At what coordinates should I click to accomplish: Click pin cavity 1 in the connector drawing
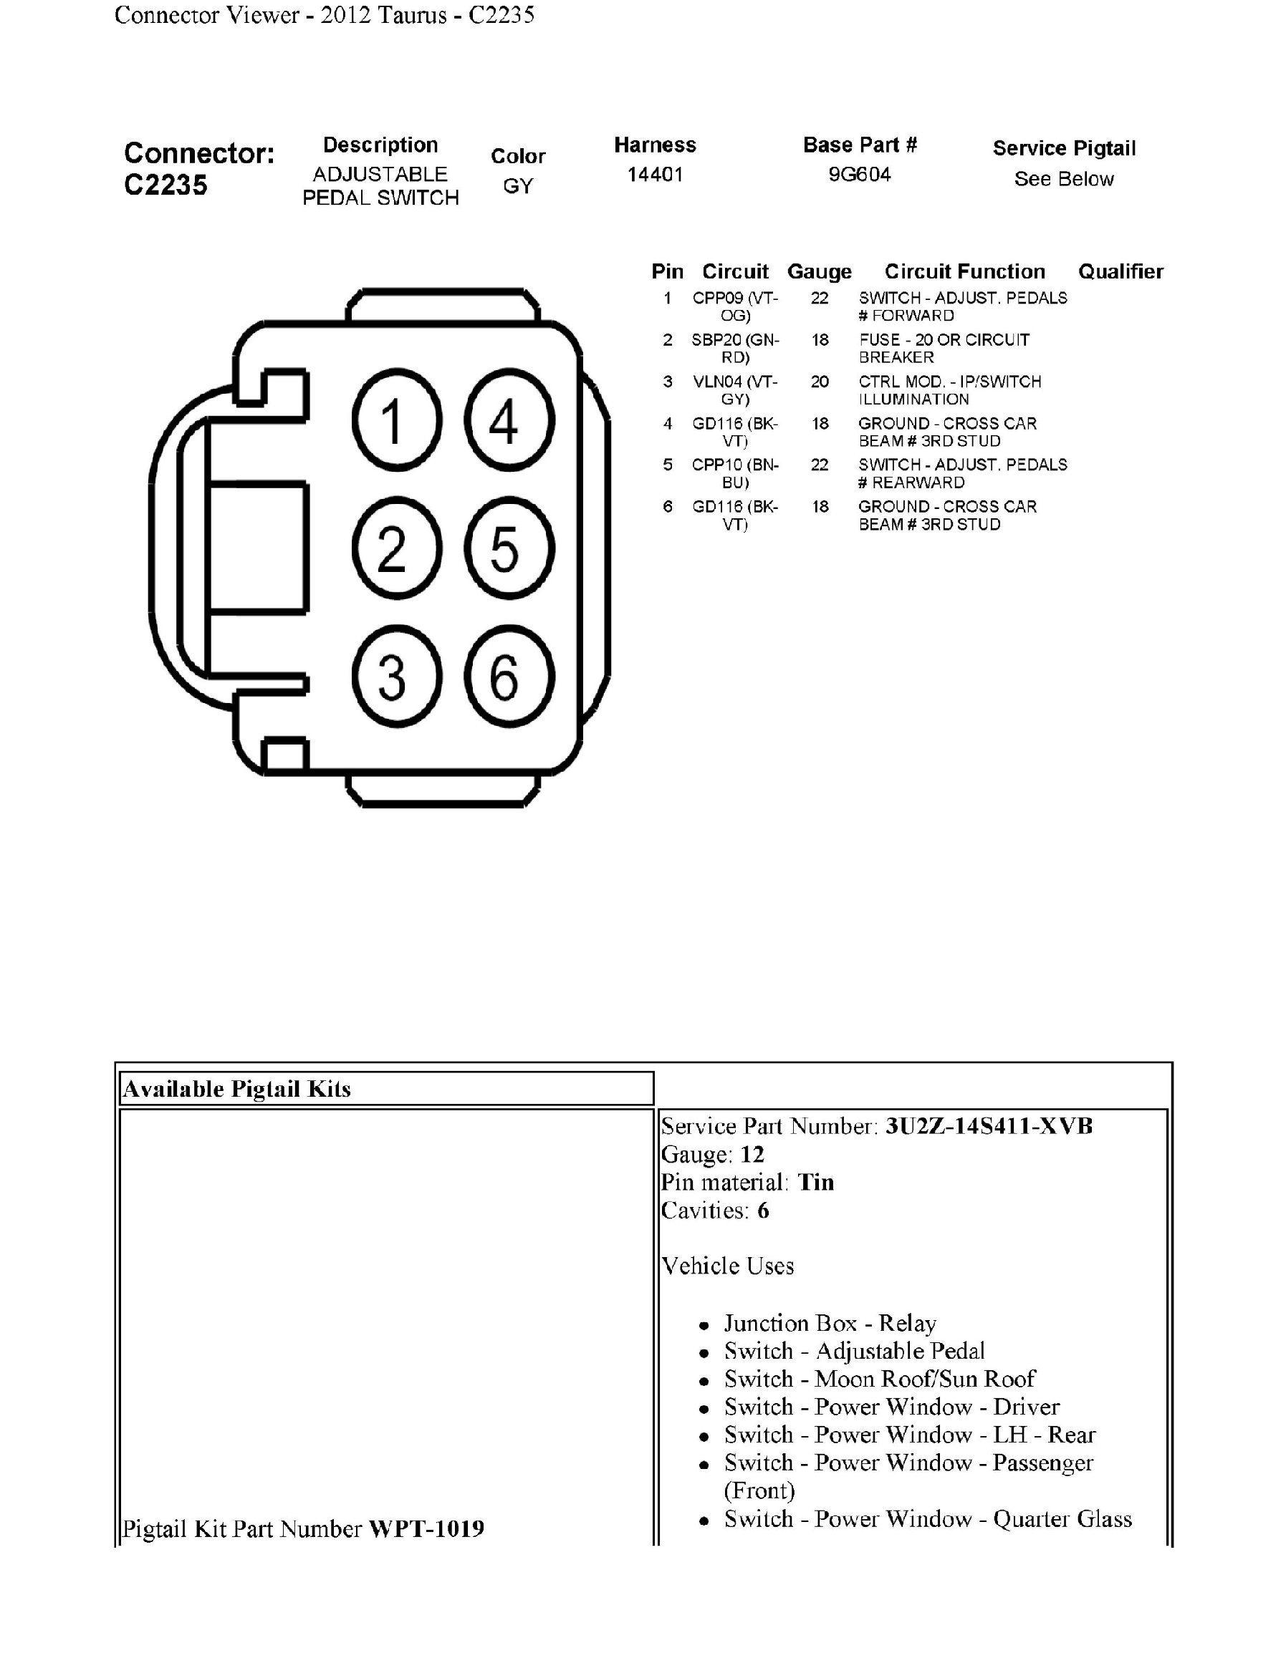coord(396,420)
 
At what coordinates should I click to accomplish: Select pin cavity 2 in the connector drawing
coord(396,548)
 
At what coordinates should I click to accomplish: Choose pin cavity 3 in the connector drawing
coord(396,677)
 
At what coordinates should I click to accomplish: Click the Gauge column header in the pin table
coord(819,272)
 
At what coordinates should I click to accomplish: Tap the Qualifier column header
coord(1120,272)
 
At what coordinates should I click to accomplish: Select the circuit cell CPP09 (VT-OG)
coord(735,306)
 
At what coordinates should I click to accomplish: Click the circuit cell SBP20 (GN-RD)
coord(735,348)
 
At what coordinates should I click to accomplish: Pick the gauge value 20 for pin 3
coord(820,382)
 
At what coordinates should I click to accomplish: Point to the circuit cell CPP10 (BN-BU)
coord(735,473)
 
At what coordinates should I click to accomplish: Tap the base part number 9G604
coord(860,175)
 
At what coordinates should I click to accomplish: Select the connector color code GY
coord(518,186)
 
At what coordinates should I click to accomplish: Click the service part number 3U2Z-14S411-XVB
coord(988,1126)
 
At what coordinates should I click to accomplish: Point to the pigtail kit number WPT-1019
coord(426,1528)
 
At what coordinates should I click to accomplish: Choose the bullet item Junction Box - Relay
coord(830,1324)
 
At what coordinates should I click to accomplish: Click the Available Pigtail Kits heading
coord(237,1089)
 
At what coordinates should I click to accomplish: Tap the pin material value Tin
coord(815,1183)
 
